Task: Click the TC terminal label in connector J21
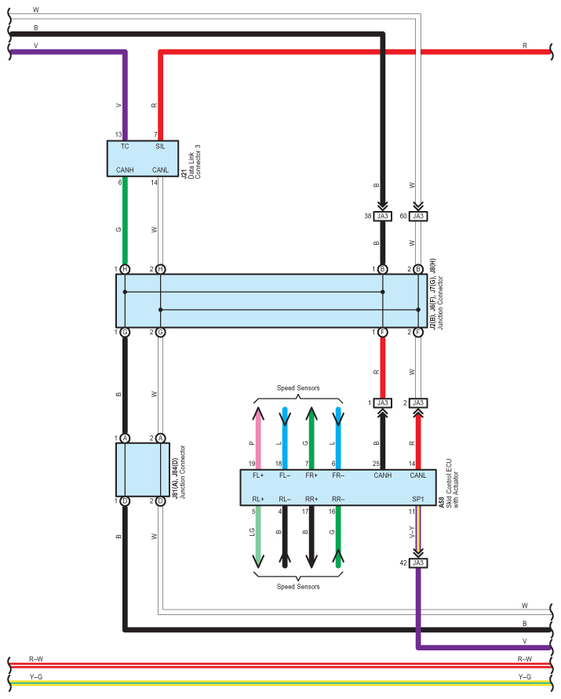pyautogui.click(x=125, y=147)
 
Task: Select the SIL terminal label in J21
pyautogui.click(x=160, y=147)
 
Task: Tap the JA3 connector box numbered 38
pyautogui.click(x=383, y=216)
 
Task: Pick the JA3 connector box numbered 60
pyautogui.click(x=418, y=216)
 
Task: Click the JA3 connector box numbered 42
pyautogui.click(x=418, y=562)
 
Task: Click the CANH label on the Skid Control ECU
pyautogui.click(x=382, y=475)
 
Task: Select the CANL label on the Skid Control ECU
pyautogui.click(x=417, y=475)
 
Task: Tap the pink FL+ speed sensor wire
pyautogui.click(x=257, y=431)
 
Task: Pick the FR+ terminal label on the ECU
pyautogui.click(x=311, y=475)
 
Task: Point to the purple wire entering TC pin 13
pyautogui.click(x=125, y=94)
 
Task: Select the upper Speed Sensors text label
pyautogui.click(x=297, y=388)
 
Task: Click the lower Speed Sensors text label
pyautogui.click(x=297, y=587)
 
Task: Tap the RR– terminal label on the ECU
pyautogui.click(x=338, y=499)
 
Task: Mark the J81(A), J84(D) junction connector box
pyautogui.click(x=142, y=469)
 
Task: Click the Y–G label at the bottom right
pyautogui.click(x=525, y=676)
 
